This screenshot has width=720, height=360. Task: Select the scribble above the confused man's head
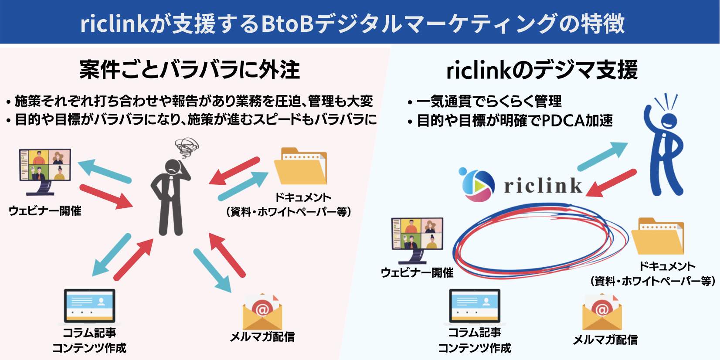click(x=187, y=148)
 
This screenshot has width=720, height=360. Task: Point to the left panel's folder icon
click(x=301, y=166)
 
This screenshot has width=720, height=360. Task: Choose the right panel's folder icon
click(x=658, y=236)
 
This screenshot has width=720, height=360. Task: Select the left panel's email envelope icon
click(x=262, y=311)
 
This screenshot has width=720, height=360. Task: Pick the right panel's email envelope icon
click(x=602, y=312)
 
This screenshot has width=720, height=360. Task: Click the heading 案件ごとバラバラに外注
click(x=190, y=70)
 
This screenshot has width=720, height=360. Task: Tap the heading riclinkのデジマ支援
click(x=542, y=70)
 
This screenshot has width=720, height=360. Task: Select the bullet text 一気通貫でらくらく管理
click(x=489, y=102)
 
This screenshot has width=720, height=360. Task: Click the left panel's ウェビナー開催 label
click(x=45, y=211)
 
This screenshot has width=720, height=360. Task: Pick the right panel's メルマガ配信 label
click(x=605, y=340)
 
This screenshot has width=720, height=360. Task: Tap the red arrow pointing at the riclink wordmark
click(x=611, y=183)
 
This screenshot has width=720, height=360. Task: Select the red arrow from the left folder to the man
click(x=234, y=171)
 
